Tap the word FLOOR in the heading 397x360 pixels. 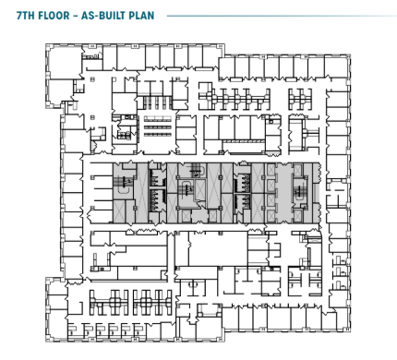(54, 16)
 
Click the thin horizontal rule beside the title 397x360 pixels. (282, 16)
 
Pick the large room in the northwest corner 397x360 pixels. (64, 63)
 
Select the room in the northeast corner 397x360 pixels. (336, 67)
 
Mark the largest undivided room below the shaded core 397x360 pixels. (219, 249)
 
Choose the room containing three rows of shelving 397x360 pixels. (157, 126)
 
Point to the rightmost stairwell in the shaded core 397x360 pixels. (299, 188)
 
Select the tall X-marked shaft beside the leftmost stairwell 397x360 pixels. (142, 193)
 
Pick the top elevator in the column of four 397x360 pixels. (271, 169)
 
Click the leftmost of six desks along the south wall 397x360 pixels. (73, 330)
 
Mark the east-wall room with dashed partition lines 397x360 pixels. (338, 194)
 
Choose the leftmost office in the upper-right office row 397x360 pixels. (226, 68)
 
